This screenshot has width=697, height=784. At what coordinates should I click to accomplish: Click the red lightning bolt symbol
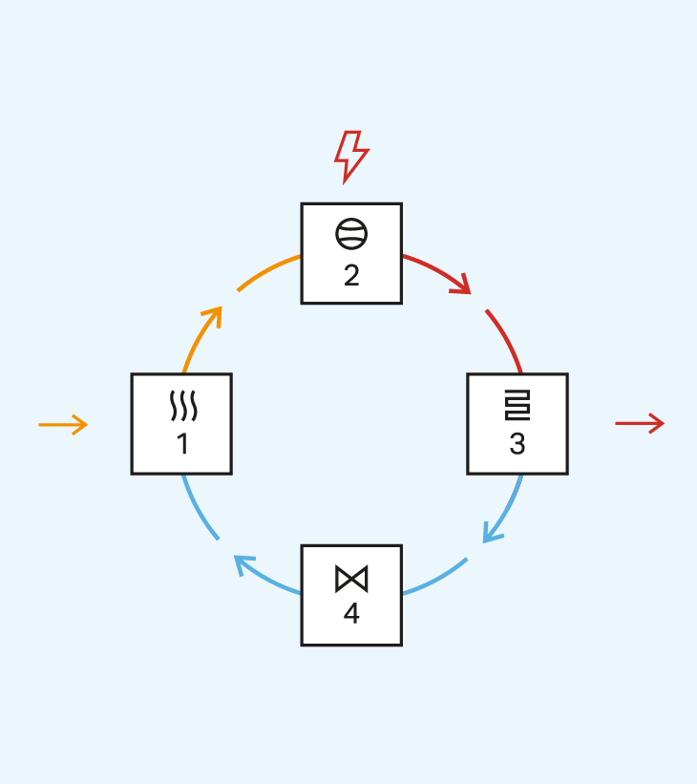tap(350, 155)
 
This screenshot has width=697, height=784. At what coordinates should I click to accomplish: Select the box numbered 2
tap(351, 253)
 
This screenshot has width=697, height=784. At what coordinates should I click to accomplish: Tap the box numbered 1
tap(181, 424)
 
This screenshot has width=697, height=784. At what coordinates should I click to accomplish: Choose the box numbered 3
tap(517, 424)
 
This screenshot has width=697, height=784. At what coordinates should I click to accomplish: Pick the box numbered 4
tap(351, 595)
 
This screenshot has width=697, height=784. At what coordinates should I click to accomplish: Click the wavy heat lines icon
tap(182, 406)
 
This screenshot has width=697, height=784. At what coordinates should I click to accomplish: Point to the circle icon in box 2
tap(351, 234)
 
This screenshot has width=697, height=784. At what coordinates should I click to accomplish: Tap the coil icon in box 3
tap(517, 406)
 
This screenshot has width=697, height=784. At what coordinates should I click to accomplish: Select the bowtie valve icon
tap(351, 579)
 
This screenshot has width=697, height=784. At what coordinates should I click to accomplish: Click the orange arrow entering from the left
tap(63, 424)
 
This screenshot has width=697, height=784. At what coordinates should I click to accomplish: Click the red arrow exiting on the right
tap(640, 423)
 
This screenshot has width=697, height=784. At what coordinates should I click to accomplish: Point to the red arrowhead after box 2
tap(463, 284)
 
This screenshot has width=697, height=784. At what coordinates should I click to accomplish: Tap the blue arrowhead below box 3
tap(490, 533)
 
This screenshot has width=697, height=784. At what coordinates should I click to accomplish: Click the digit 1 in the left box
tap(182, 444)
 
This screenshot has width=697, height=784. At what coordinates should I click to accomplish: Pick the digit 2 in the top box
tap(351, 275)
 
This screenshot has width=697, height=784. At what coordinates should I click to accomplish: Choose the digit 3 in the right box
tap(517, 444)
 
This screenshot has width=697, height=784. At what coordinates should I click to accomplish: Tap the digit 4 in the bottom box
tap(351, 614)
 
